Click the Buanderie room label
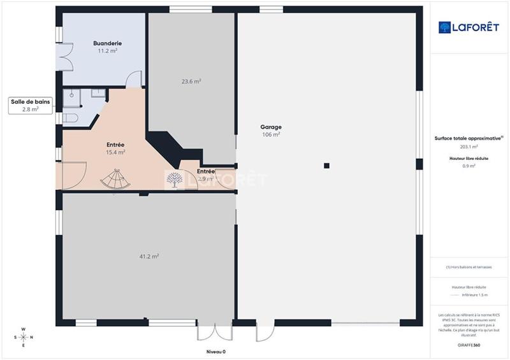tap(107, 43)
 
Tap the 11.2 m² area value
tap(107, 50)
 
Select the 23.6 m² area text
tap(191, 82)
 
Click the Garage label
tap(271, 127)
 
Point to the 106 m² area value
tap(271, 134)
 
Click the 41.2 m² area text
tap(149, 256)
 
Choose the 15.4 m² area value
tap(115, 152)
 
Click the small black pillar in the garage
tap(326, 166)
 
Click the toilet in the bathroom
tap(69, 118)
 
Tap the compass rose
tap(23, 338)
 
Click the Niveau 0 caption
tap(215, 352)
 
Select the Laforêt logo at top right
tap(469, 27)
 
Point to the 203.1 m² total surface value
tap(469, 147)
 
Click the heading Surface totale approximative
tap(469, 138)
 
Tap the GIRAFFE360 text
tap(469, 345)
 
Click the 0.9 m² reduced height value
tap(469, 166)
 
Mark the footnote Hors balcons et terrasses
tap(469, 267)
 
